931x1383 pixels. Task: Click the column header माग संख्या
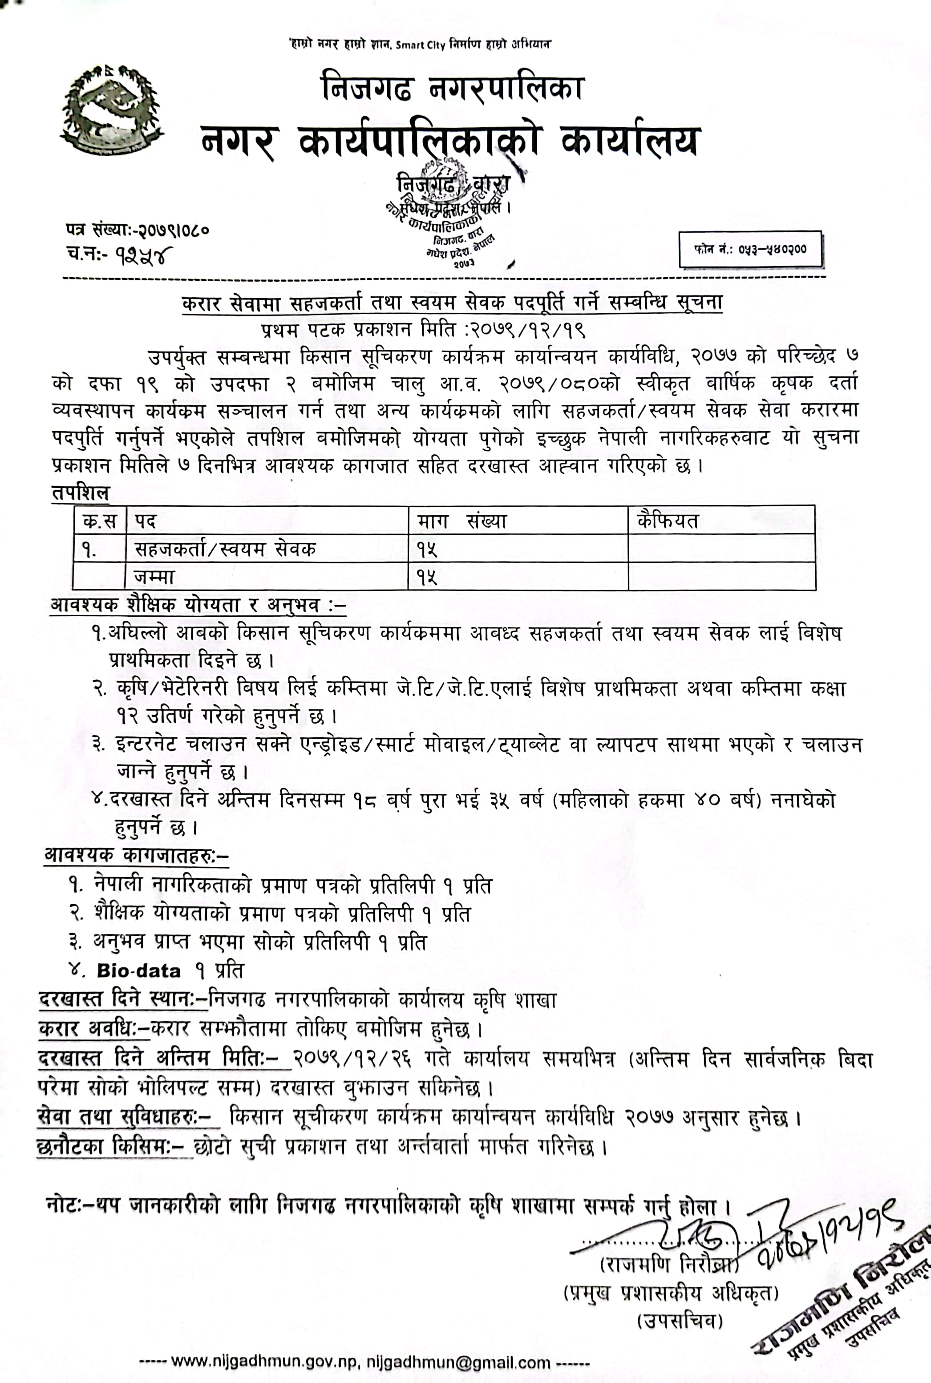pyautogui.click(x=461, y=521)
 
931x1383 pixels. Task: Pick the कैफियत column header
pyautogui.click(x=668, y=521)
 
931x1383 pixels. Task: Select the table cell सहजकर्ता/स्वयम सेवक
pyautogui.click(x=225, y=549)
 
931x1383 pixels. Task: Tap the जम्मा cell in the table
pyautogui.click(x=154, y=576)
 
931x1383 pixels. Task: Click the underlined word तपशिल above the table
pyautogui.click(x=81, y=493)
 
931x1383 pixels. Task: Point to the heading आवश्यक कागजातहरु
pyautogui.click(x=136, y=855)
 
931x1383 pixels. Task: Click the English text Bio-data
pyautogui.click(x=138, y=971)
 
